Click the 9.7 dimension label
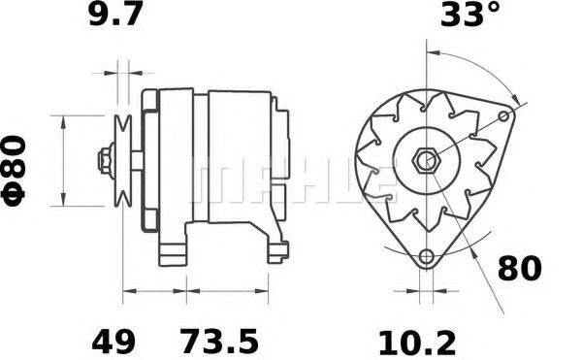pos(117,17)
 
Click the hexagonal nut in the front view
pos(426,159)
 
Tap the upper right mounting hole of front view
pos(503,115)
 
